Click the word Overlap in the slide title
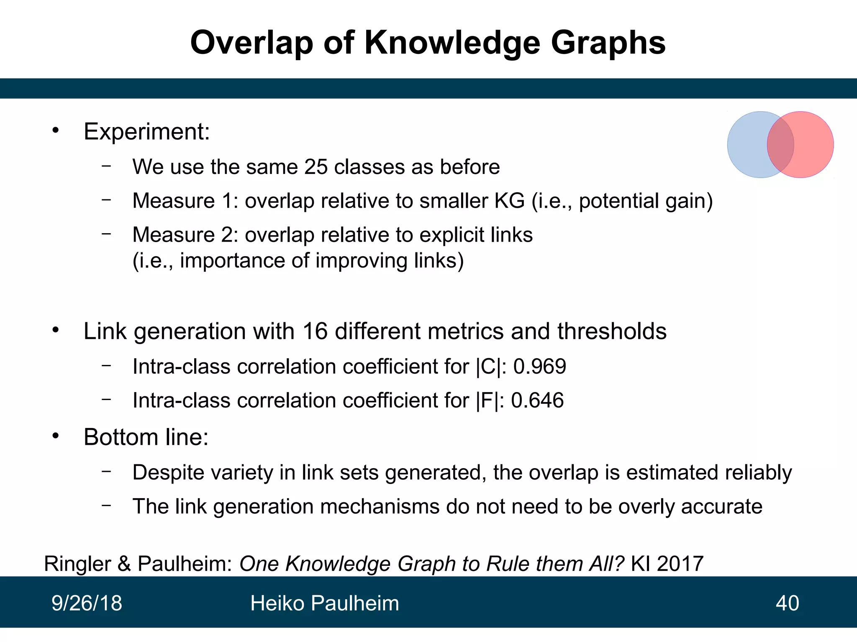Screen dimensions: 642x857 point(251,43)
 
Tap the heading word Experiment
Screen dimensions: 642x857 point(146,132)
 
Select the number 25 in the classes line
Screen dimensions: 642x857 point(316,167)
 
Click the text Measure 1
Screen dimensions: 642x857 point(184,201)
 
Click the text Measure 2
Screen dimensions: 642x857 point(184,234)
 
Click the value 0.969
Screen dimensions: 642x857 point(539,367)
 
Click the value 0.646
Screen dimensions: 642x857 point(537,400)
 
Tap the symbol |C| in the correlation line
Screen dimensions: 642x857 point(488,367)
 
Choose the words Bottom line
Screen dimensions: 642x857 point(146,437)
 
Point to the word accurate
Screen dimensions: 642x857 point(721,507)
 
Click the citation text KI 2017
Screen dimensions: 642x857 point(667,563)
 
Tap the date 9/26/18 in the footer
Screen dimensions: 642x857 point(87,603)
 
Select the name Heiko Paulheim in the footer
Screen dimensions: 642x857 point(324,603)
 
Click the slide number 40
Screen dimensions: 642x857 point(787,603)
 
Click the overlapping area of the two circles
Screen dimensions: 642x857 point(780,145)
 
